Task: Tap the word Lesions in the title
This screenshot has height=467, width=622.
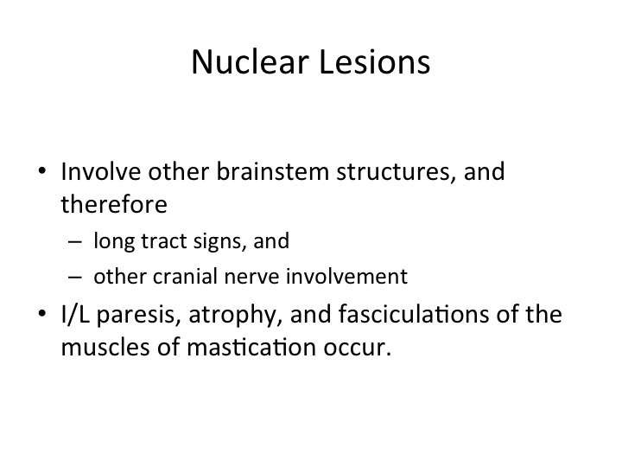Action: [374, 61]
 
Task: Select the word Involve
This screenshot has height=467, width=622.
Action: [101, 171]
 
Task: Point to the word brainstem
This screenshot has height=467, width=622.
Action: [272, 171]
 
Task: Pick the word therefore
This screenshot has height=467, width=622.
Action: [114, 204]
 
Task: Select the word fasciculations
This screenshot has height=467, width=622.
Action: [414, 314]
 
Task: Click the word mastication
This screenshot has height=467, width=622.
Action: [251, 347]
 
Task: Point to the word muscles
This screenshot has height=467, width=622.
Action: [105, 347]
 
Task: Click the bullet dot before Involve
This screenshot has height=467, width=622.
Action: [42, 171]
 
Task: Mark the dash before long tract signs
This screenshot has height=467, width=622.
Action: [75, 242]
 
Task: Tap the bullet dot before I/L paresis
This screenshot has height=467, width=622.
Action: [42, 314]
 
